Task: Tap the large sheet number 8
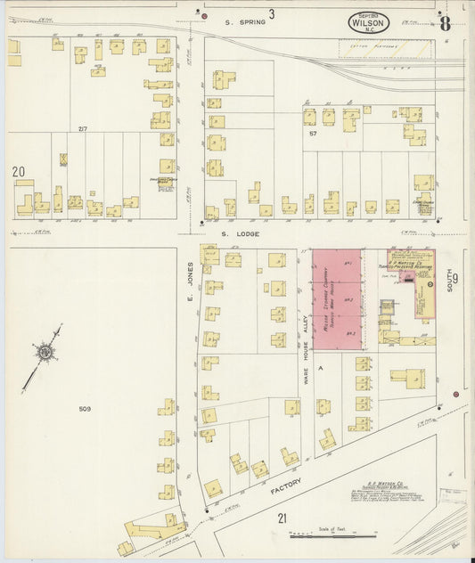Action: coord(444,21)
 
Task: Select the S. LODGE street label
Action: coord(253,234)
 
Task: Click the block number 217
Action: coord(82,130)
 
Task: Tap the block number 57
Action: coord(313,133)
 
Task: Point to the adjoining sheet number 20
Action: coord(18,171)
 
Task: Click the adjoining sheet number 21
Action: coord(282,518)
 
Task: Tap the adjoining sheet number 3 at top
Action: coord(271,12)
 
